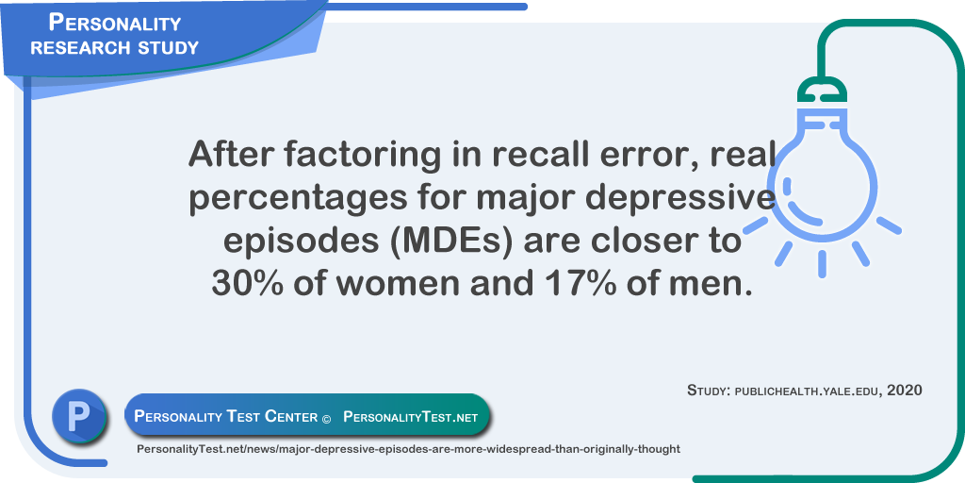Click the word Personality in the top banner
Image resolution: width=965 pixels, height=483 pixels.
(x=115, y=23)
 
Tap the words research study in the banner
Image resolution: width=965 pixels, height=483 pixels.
(x=115, y=47)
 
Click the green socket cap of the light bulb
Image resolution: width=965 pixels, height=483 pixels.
(x=822, y=91)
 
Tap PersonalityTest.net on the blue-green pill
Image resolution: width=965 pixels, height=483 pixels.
(x=410, y=416)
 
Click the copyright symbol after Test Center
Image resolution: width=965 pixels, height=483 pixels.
(x=326, y=417)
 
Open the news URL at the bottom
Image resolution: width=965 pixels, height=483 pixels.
(x=408, y=449)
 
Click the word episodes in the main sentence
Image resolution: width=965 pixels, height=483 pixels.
(x=295, y=241)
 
